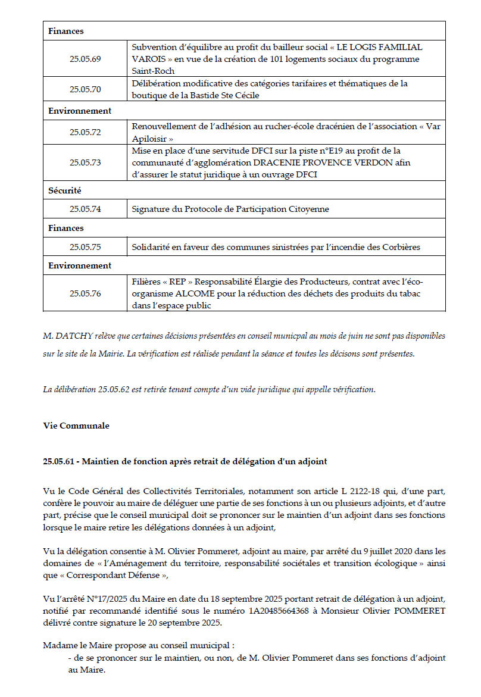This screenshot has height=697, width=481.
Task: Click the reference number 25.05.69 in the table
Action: pyautogui.click(x=85, y=59)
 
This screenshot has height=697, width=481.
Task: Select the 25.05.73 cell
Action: pyautogui.click(x=85, y=162)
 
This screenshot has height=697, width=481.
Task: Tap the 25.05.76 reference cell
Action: pyautogui.click(x=85, y=293)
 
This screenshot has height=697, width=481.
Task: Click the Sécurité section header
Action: pyautogui.click(x=65, y=191)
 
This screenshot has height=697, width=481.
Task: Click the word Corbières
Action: pyautogui.click(x=400, y=247)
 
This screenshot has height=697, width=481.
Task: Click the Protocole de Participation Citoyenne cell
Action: pyautogui.click(x=230, y=209)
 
